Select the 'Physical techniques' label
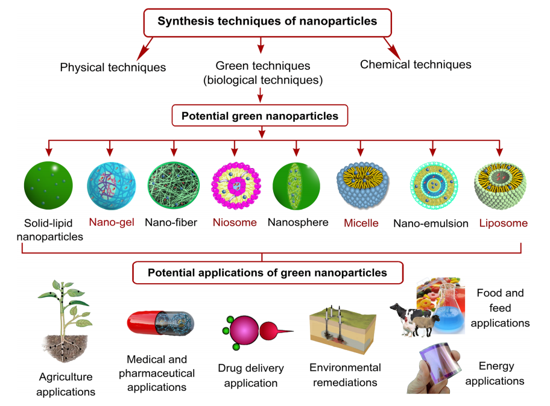(113, 67)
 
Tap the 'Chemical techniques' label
(416, 64)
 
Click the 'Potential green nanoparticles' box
(260, 114)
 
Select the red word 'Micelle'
(361, 223)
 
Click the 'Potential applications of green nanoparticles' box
(267, 273)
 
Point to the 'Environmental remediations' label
(345, 375)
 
